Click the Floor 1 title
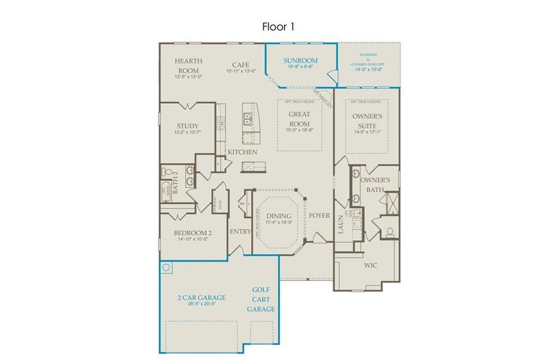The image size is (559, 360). [x=278, y=26]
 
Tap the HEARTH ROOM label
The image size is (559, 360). [x=189, y=65]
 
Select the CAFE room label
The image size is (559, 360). [x=241, y=65]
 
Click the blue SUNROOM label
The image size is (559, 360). [x=300, y=61]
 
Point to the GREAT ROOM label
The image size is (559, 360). [x=299, y=119]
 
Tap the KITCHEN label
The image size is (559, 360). [x=242, y=152]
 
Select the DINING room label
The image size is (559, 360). [x=279, y=216]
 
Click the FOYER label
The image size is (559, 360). [x=319, y=215]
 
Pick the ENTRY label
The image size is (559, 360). [x=240, y=231]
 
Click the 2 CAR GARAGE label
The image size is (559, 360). [x=201, y=298]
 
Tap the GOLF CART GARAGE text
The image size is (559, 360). [x=261, y=299]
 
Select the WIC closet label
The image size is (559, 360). [x=370, y=264]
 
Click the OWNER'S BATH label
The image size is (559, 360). [x=379, y=185]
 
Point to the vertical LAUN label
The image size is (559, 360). [x=339, y=224]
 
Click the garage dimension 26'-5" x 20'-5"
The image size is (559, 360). [x=201, y=304]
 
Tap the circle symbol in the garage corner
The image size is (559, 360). [x=166, y=267]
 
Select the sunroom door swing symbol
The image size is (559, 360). [x=330, y=77]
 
